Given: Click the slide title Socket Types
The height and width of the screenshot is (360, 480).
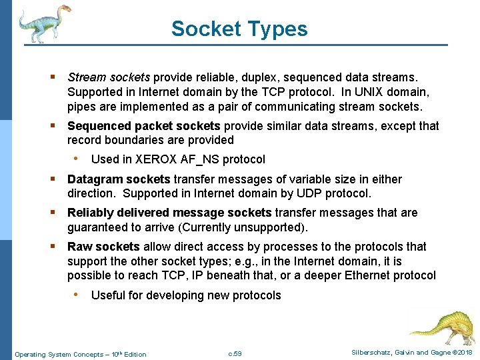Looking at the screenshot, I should [x=239, y=29].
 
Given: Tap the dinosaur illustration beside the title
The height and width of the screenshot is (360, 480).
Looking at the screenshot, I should [x=44, y=24].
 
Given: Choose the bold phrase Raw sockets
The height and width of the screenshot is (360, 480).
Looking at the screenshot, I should [x=103, y=247].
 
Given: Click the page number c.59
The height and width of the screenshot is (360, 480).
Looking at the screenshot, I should [x=235, y=353].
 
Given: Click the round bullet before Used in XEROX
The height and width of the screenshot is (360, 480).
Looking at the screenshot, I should [x=79, y=159].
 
